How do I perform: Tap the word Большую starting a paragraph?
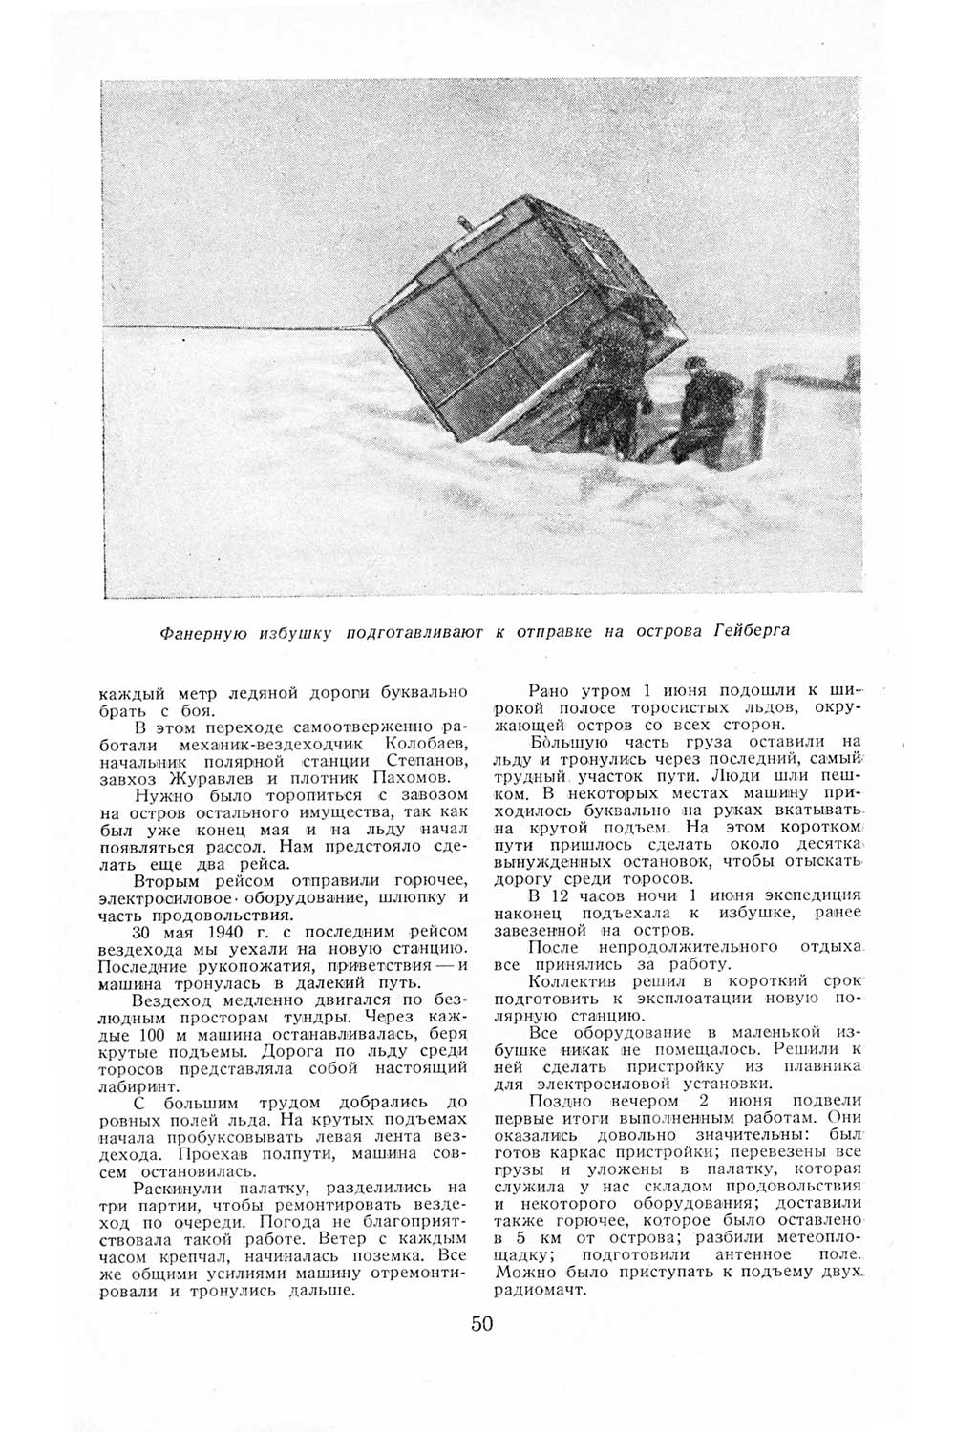point(562,741)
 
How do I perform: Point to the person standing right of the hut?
point(707,406)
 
